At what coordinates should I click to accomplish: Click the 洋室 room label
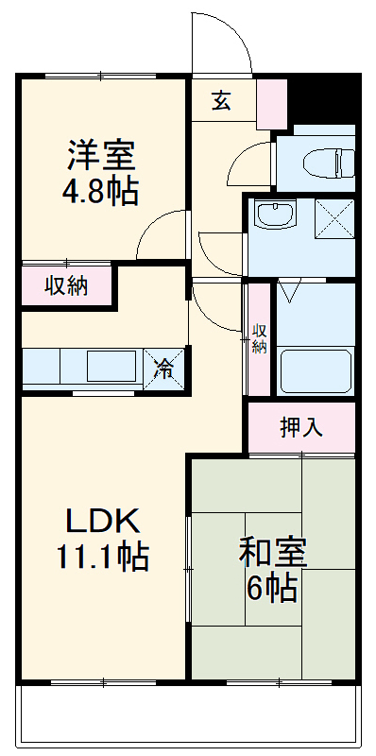[101, 154]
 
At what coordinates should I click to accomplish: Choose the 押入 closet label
[301, 427]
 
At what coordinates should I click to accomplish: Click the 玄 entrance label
[221, 100]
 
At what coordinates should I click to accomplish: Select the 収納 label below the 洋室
[67, 286]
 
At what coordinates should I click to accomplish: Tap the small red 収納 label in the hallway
[260, 337]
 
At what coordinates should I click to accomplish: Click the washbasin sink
[275, 216]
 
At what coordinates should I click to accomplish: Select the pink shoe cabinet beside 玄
[271, 103]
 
